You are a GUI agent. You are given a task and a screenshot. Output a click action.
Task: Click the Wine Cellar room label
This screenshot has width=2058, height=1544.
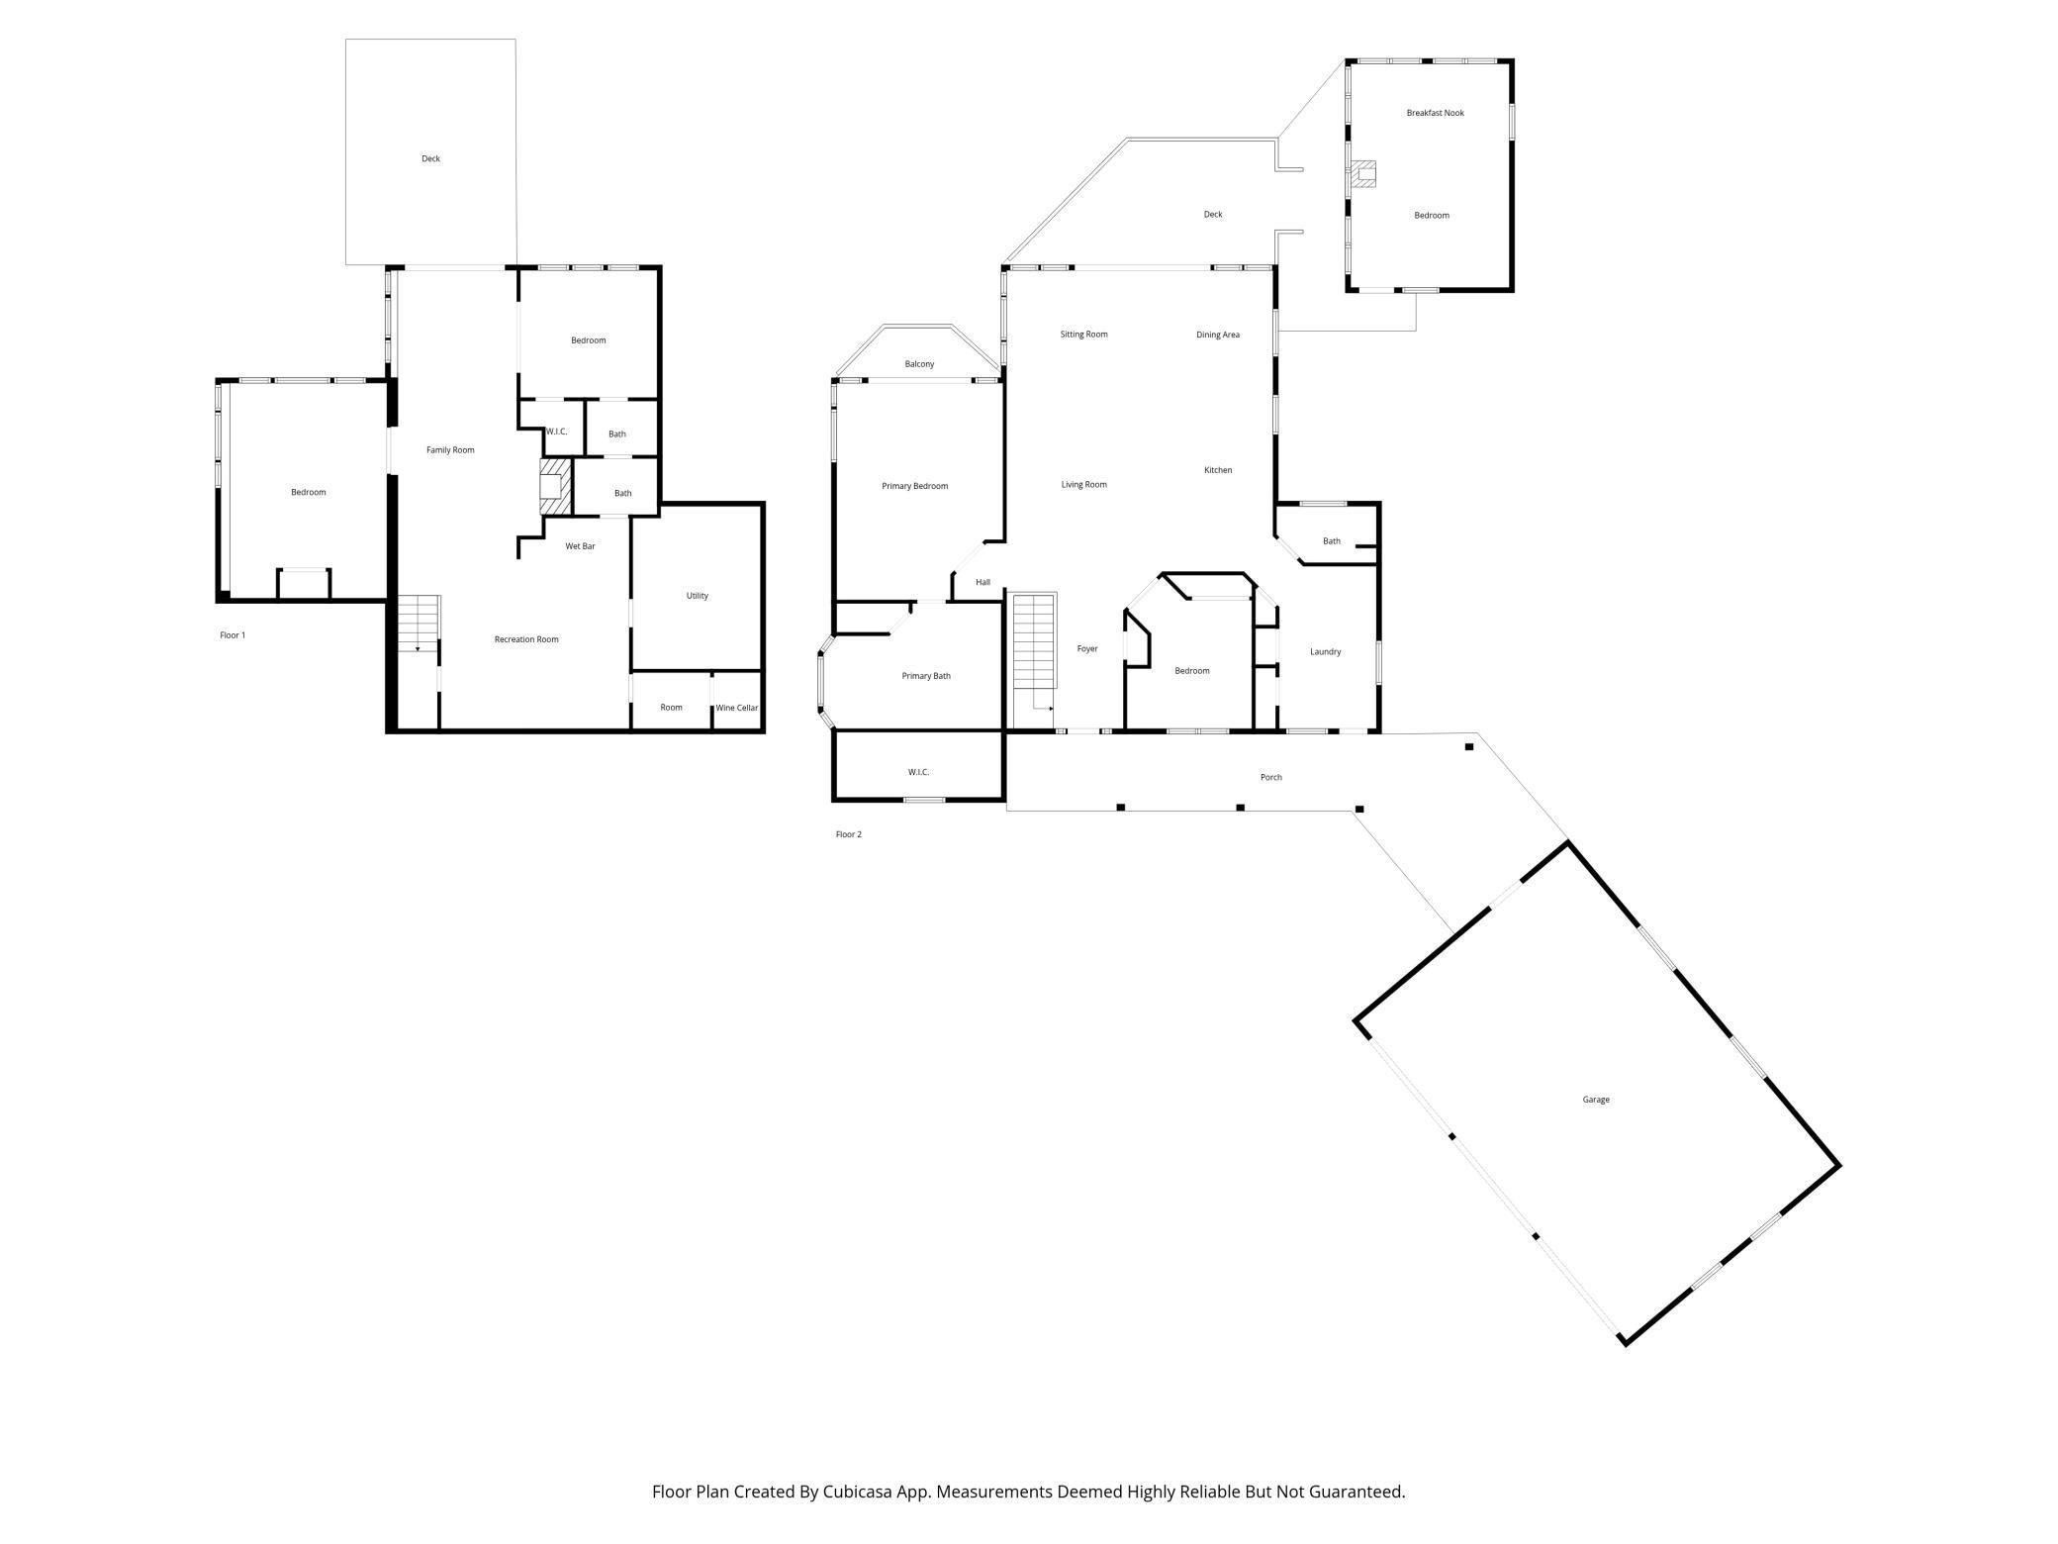[736, 708]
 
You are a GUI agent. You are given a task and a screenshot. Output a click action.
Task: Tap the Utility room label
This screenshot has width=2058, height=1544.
[697, 596]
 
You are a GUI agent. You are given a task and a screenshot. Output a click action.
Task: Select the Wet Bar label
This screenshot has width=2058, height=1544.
[580, 546]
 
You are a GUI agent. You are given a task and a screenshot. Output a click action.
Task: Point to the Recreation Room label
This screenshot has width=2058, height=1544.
[526, 639]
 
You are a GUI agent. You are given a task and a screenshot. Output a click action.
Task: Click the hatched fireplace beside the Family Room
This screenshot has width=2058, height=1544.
[555, 486]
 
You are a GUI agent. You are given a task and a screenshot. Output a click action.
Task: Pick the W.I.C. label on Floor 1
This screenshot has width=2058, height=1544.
[556, 432]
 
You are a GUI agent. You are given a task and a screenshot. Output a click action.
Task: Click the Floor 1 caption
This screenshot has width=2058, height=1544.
[233, 635]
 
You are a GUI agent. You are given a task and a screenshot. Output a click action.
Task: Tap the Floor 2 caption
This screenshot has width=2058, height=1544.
[848, 834]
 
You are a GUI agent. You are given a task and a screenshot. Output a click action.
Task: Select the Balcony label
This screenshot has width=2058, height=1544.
[919, 364]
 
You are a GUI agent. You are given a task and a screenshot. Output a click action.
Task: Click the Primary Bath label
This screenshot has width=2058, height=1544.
[926, 676]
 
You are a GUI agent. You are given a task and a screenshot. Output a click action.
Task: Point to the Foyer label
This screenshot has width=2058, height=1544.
[1087, 649]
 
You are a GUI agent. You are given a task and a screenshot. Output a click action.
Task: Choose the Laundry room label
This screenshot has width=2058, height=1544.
[1325, 652]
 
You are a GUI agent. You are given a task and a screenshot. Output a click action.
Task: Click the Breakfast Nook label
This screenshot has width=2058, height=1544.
[1435, 113]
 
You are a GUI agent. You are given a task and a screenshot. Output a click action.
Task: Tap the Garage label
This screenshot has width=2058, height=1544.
[1595, 1100]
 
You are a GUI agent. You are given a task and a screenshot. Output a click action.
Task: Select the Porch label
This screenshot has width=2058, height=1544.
[1270, 778]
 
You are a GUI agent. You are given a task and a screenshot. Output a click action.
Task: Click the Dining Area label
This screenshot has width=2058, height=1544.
[1217, 335]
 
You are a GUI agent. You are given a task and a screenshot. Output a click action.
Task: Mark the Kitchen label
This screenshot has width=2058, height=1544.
[1217, 470]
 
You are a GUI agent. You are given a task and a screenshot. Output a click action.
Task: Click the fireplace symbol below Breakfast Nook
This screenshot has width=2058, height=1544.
[1365, 175]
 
